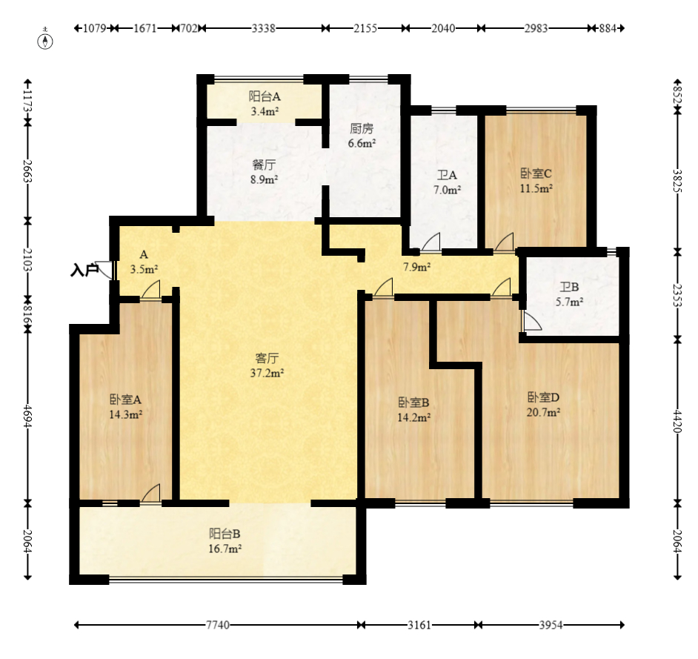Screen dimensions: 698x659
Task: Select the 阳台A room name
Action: [x=265, y=96]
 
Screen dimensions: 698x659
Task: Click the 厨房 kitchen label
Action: [x=362, y=129]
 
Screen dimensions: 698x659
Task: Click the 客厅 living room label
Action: [x=267, y=358]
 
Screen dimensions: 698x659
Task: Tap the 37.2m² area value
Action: [x=267, y=373]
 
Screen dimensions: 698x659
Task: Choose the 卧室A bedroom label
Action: [x=125, y=400]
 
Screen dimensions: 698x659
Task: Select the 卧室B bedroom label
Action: [x=413, y=403]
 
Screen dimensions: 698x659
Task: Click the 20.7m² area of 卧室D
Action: [x=543, y=412]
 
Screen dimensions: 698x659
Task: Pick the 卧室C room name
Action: [x=536, y=173]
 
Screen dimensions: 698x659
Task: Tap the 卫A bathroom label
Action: [x=447, y=175]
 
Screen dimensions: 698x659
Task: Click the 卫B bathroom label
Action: [x=569, y=287]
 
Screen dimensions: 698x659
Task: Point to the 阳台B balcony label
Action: [x=225, y=534]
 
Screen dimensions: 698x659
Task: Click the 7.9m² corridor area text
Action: [x=416, y=267]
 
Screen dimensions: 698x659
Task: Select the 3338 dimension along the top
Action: [x=264, y=28]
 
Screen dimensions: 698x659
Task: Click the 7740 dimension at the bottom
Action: [x=218, y=625]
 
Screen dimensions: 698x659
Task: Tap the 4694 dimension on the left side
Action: [x=27, y=417]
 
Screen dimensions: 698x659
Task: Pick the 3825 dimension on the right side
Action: [x=677, y=180]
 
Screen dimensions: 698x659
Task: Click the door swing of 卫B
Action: [x=531, y=320]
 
